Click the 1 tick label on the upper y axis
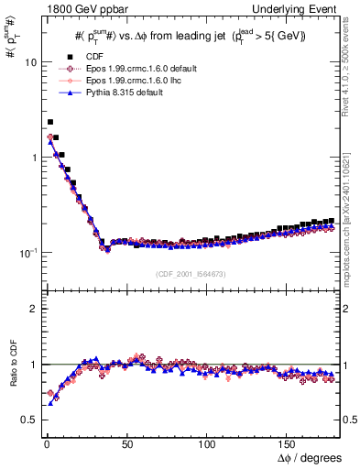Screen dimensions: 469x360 [x=30, y=158]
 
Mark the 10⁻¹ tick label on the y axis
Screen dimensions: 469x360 [x=25, y=252]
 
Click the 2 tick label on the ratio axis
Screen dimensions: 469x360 [x=30, y=309]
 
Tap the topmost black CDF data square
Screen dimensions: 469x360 [x=49, y=121]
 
